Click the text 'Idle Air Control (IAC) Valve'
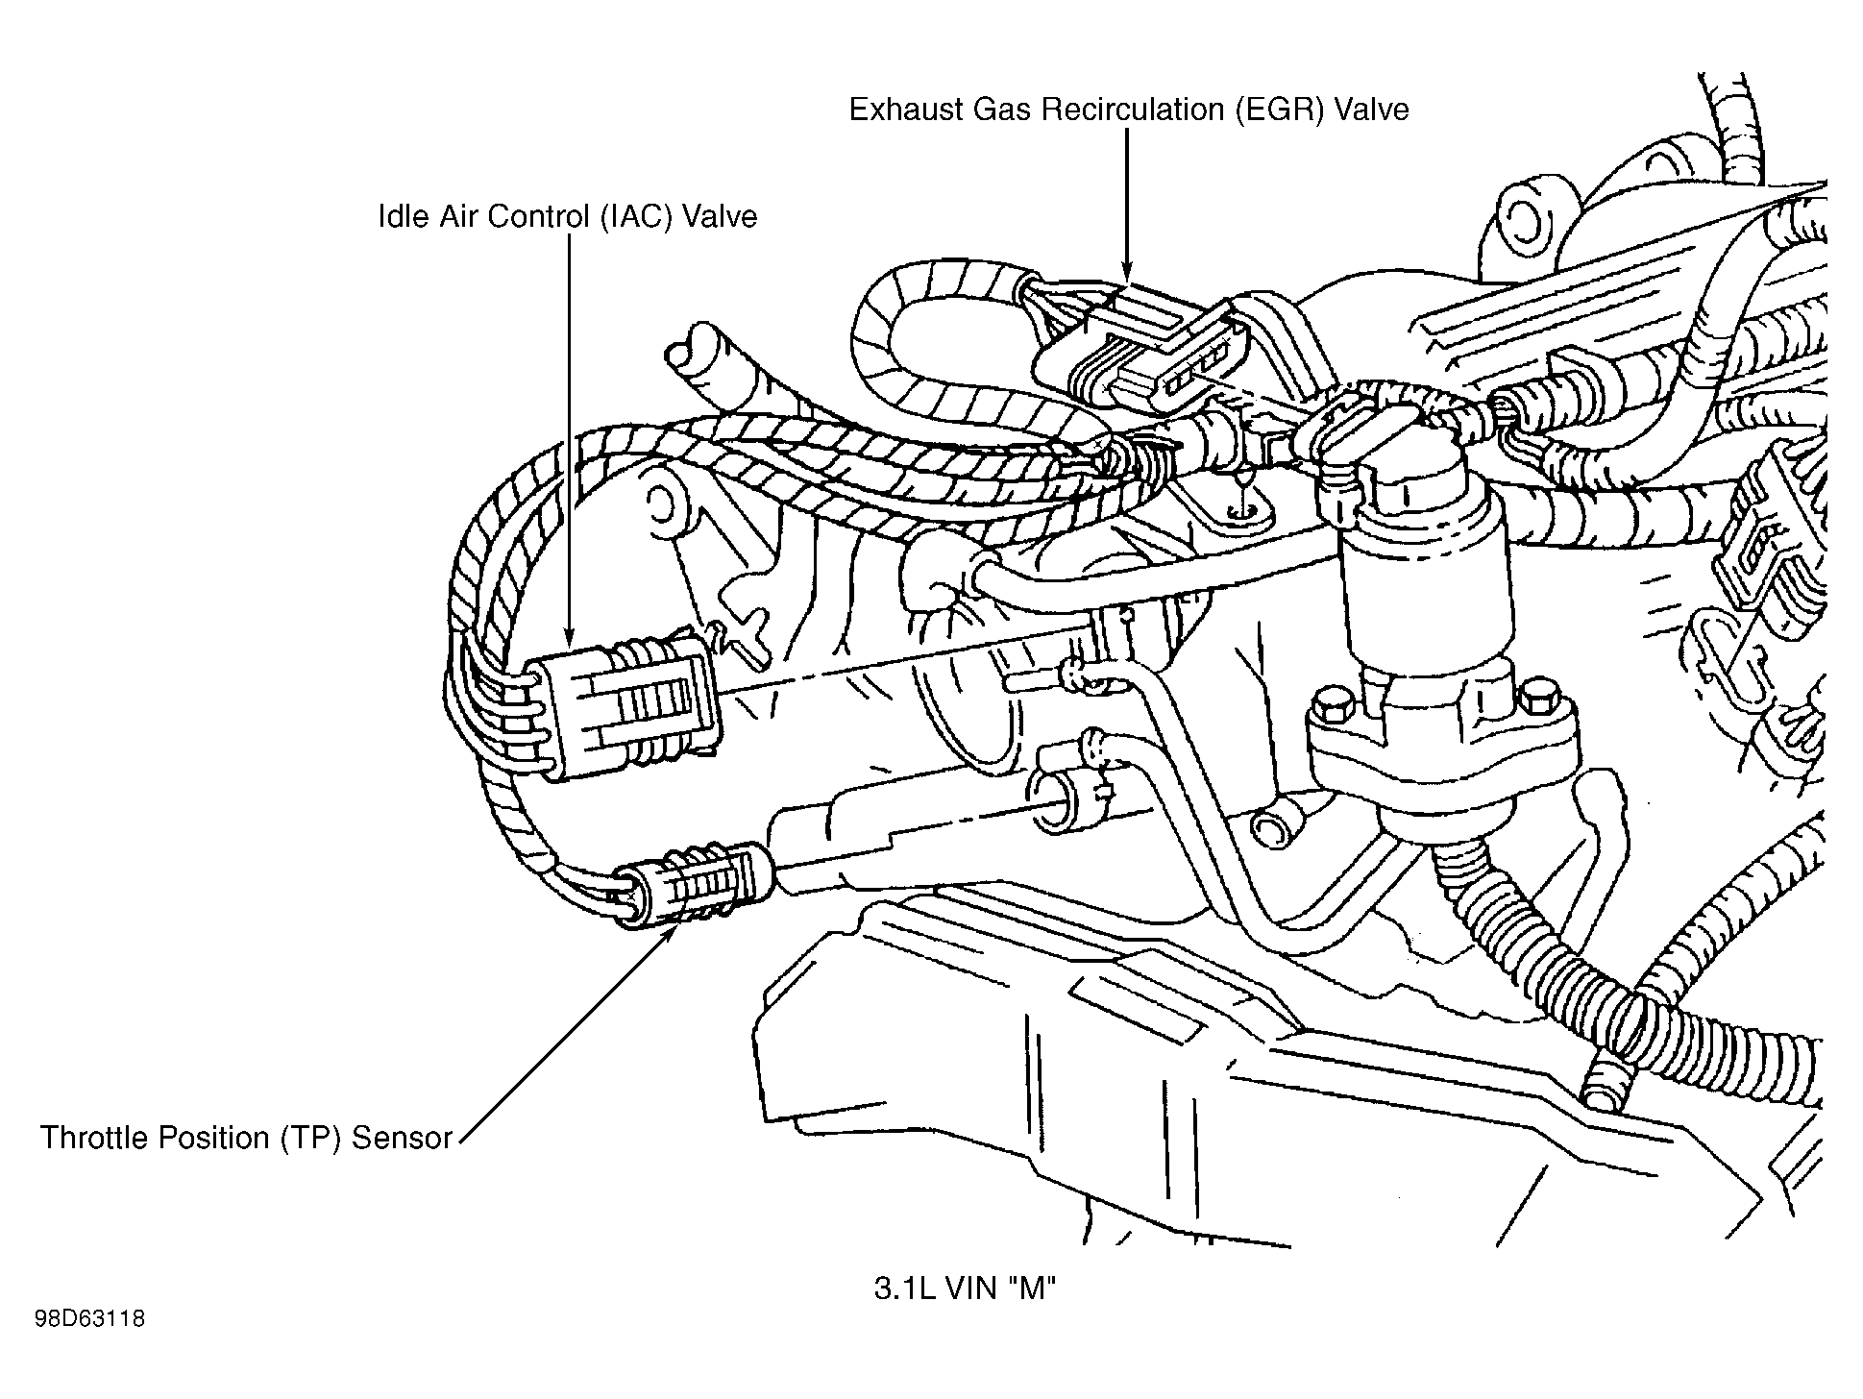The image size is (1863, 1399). [x=567, y=216]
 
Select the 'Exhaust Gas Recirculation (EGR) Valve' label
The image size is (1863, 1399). [x=1128, y=110]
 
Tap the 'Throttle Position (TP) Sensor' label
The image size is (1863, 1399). [x=246, y=1138]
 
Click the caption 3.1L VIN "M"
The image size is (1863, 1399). [x=964, y=1289]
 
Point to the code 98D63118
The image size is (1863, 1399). [x=90, y=1318]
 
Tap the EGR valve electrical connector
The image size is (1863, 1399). [x=1143, y=356]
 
